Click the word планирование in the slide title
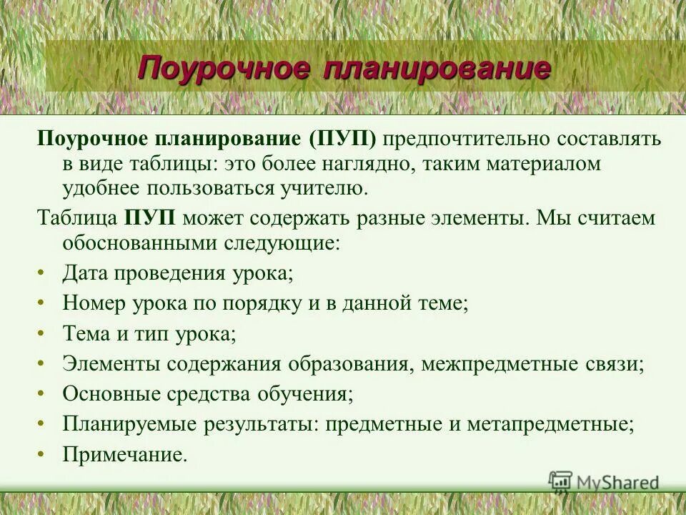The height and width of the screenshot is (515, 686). tap(437, 69)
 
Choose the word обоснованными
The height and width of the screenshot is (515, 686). tap(136, 242)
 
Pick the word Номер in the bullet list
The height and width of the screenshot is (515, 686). tap(94, 303)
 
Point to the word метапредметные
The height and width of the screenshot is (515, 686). tap(550, 423)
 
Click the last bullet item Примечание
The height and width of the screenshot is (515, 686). tap(125, 453)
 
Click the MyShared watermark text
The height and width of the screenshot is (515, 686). tap(617, 482)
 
